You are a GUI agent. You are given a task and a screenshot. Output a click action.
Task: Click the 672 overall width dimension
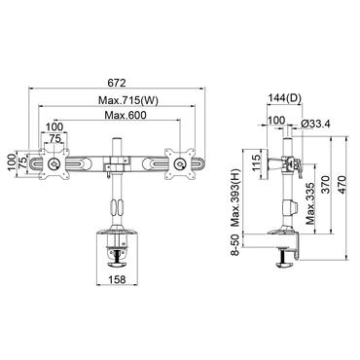tap(119, 82)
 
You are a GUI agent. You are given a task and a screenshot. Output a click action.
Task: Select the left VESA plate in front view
tap(51, 162)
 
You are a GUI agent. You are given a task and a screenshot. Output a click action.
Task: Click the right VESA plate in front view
tap(183, 162)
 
